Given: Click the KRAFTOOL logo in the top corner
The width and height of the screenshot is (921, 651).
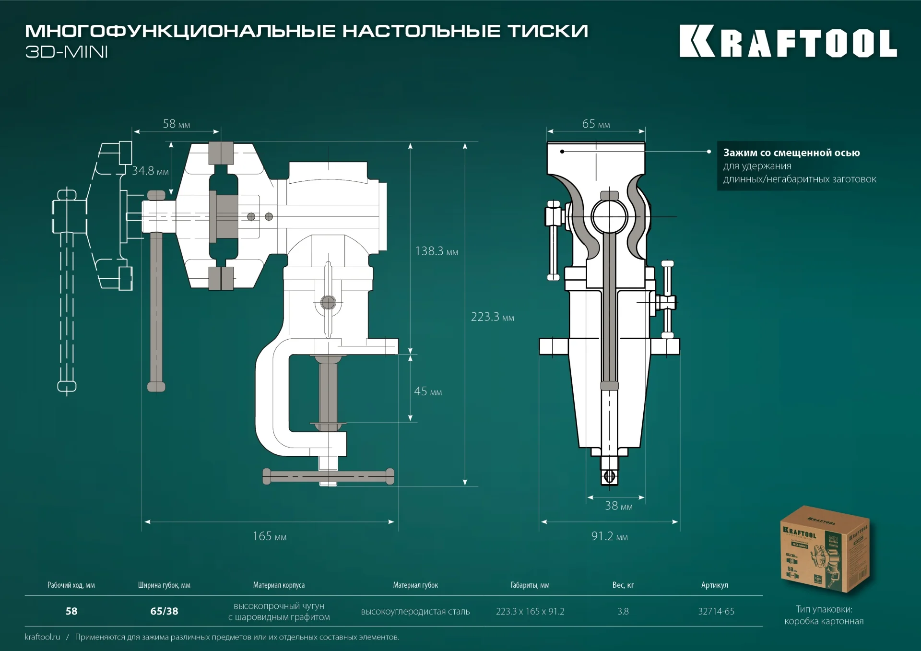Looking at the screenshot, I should [x=788, y=41].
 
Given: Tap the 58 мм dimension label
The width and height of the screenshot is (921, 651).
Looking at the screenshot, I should [x=176, y=124].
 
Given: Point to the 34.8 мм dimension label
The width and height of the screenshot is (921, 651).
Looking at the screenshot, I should [x=150, y=171].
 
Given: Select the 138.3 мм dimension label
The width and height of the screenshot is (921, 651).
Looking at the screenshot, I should [x=436, y=251].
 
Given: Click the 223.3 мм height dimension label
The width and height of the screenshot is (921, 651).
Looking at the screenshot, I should [x=492, y=317].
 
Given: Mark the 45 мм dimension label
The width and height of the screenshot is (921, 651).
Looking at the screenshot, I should [x=427, y=391].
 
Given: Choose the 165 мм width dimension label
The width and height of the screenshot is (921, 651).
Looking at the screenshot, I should [x=269, y=536].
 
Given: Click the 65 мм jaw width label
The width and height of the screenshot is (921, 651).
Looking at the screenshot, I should [x=596, y=124].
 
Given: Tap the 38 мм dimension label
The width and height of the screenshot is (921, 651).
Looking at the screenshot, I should [x=618, y=506].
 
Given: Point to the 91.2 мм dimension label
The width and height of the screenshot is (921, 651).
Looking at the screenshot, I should [x=609, y=536].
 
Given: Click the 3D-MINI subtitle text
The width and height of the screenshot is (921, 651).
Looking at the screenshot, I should [x=66, y=52].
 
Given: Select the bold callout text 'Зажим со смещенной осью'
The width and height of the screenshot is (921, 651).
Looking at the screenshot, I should [x=791, y=153].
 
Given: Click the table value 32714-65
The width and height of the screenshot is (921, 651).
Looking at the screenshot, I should [x=716, y=611].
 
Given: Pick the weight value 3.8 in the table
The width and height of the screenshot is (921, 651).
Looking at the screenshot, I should [x=623, y=611].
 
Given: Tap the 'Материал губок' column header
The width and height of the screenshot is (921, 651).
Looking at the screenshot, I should [x=415, y=585].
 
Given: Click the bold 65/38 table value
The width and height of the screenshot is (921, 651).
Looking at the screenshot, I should [x=164, y=611].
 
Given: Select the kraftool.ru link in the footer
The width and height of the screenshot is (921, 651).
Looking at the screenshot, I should [x=42, y=637].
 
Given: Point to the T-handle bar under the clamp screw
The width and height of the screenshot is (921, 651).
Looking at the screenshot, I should [x=329, y=476].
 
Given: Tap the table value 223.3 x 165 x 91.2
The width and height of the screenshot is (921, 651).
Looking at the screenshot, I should [x=530, y=611].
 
